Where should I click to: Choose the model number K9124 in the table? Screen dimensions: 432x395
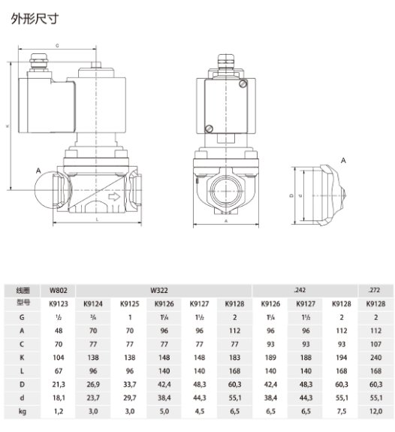pos(93,303)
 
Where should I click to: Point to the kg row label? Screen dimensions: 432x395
pos(22,412)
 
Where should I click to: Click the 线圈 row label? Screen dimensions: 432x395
pos(22,289)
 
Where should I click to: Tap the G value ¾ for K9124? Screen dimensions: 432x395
pos(93,316)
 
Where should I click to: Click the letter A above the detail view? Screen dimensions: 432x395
pos(343,161)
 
